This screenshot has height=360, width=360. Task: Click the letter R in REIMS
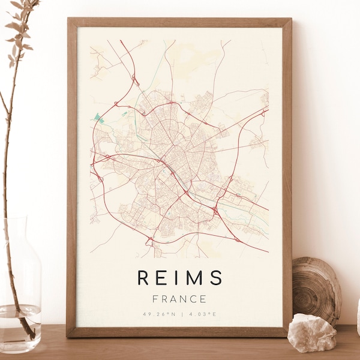coord(143,277)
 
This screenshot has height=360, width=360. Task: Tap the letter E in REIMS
coord(162,277)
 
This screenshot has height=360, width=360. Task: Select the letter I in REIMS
coord(176,277)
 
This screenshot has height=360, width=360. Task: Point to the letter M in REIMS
coord(193,277)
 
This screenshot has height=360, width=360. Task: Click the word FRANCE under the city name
coord(179,299)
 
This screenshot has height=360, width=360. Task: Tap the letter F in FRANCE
coord(155,299)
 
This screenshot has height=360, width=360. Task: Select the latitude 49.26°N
coord(159,314)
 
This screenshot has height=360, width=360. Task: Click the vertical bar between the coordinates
coord(180,314)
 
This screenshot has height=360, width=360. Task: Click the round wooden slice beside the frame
coord(316,288)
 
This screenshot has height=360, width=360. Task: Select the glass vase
coord(20,288)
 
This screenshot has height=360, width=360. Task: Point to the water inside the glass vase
coord(20,327)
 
